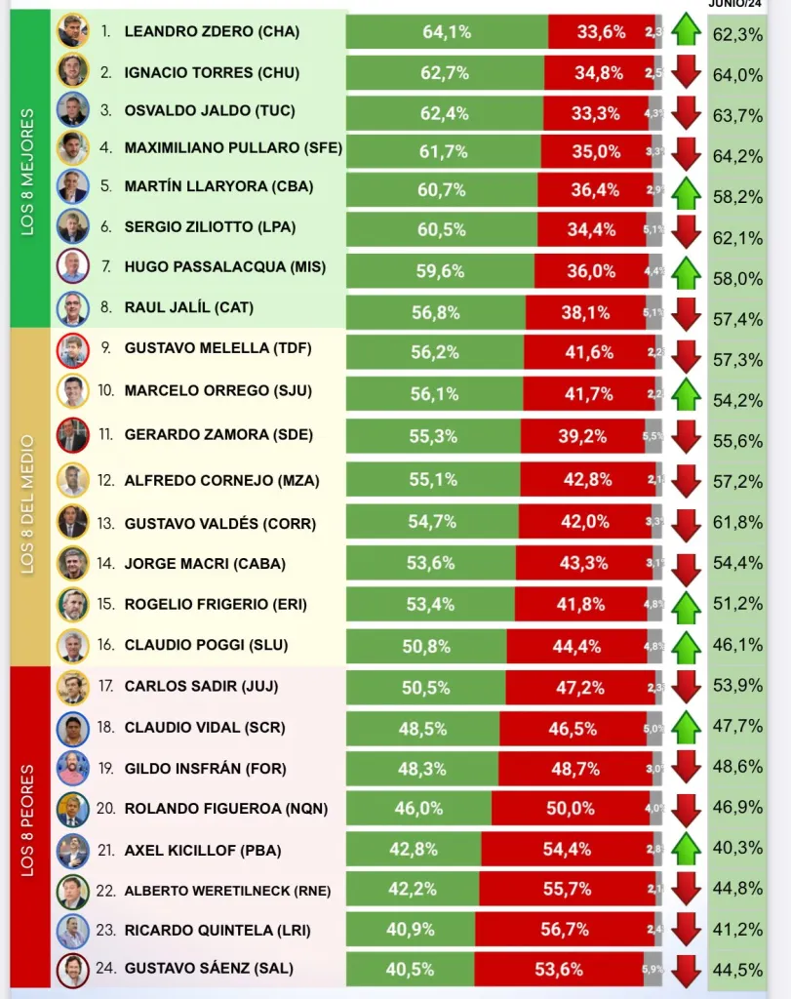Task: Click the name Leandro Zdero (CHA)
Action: tap(212, 32)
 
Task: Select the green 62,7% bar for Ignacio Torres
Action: tap(446, 73)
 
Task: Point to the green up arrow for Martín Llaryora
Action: tap(687, 190)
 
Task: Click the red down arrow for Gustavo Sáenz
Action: tap(687, 971)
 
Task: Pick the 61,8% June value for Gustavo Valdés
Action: tap(737, 523)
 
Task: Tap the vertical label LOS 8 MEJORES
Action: tap(28, 172)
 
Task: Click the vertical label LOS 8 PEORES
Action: tap(28, 821)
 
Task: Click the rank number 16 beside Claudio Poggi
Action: tap(105, 645)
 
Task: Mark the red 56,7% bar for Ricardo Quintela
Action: tap(565, 930)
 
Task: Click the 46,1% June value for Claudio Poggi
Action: tap(737, 645)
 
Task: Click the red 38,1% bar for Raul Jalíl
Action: tap(585, 313)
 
